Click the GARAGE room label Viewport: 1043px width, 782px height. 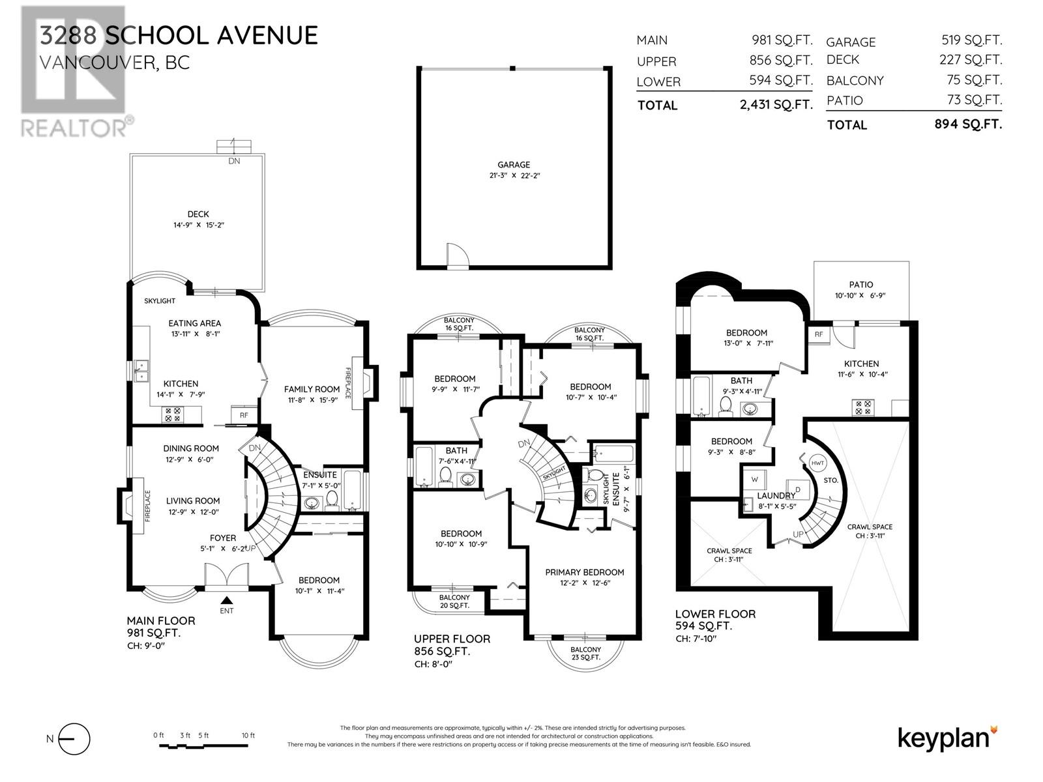pos(514,165)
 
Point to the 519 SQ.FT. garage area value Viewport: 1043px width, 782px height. pos(971,40)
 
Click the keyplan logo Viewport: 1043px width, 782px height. pos(947,738)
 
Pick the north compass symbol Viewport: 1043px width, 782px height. pos(76,739)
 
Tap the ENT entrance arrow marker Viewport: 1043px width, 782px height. pos(226,600)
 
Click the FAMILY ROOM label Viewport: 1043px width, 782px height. pos(312,389)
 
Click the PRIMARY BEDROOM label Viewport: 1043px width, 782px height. pos(585,572)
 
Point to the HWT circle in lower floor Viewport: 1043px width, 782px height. pos(817,463)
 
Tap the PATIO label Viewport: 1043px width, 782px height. pos(861,285)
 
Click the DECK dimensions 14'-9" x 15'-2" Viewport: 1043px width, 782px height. pos(198,225)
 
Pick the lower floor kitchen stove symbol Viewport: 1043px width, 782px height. pos(862,408)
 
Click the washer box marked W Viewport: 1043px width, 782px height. pos(755,479)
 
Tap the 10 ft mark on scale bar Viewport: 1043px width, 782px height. pos(248,736)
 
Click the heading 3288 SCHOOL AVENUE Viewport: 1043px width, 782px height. pos(179,35)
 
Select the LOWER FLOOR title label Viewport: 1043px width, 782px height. pos(715,614)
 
